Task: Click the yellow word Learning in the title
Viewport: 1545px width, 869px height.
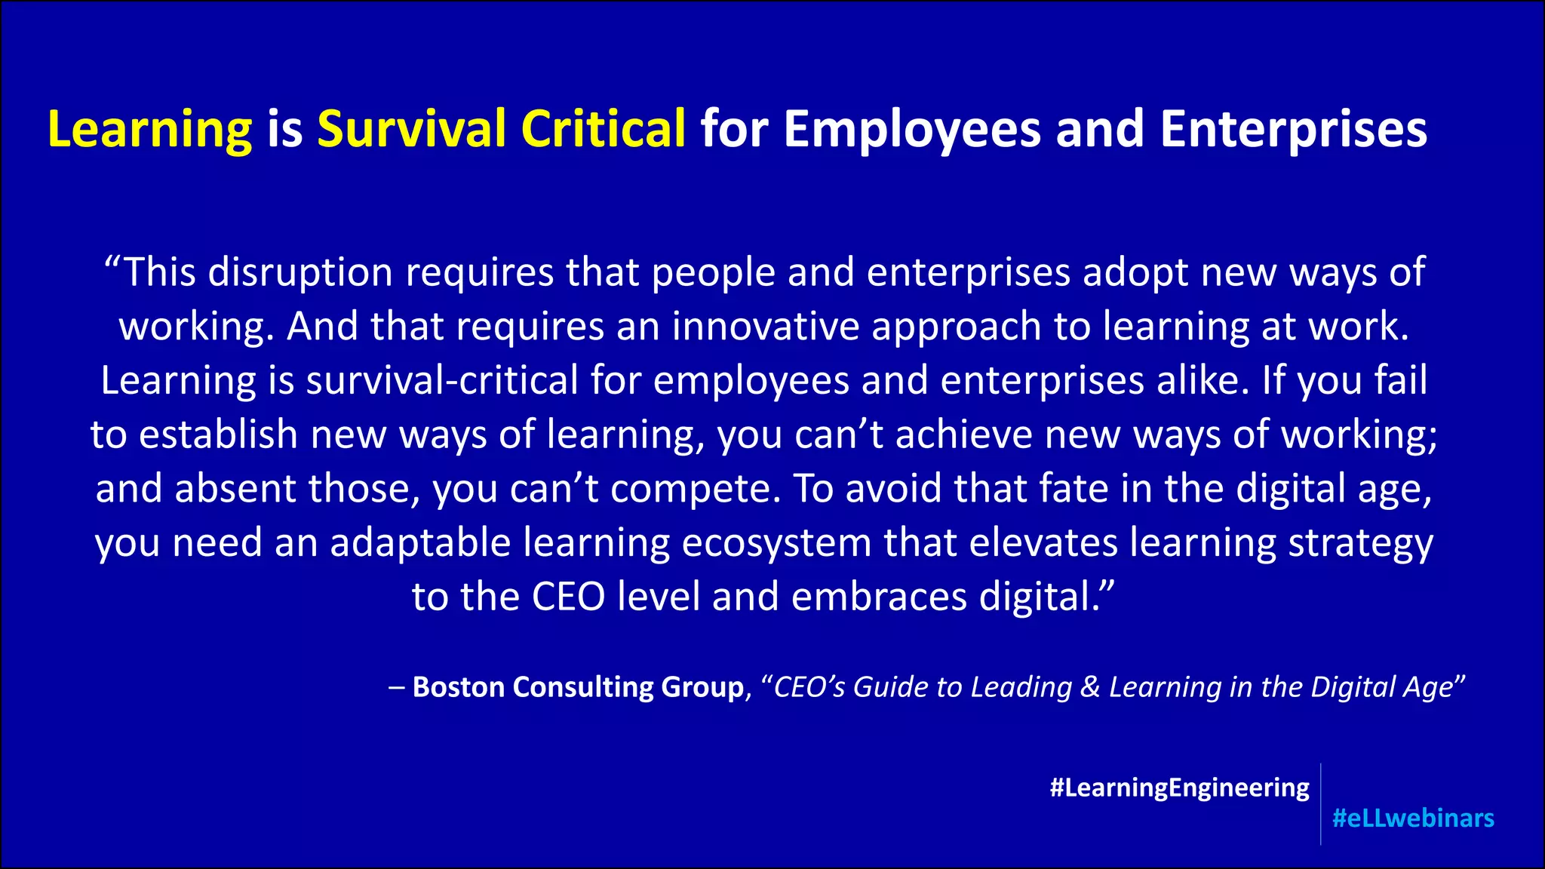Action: coord(149,130)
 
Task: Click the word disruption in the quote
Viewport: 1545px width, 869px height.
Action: coord(300,273)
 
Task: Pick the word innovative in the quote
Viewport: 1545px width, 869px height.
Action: coord(766,327)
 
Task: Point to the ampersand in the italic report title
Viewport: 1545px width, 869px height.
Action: coord(1090,687)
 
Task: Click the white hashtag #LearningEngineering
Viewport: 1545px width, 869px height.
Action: coord(1179,788)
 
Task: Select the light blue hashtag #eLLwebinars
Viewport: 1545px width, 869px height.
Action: coord(1413,818)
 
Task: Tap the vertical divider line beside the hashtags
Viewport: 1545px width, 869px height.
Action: coord(1321,803)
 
